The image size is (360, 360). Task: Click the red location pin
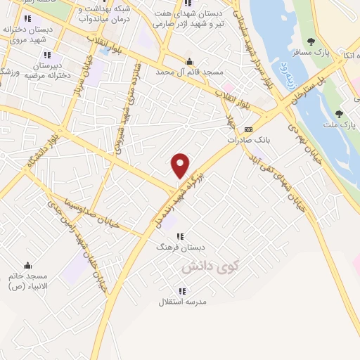click(181, 165)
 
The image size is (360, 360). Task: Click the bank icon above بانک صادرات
click(248, 130)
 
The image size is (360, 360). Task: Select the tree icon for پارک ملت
click(339, 114)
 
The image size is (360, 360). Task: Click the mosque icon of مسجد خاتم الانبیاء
click(27, 265)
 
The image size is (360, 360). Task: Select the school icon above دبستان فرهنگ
click(181, 237)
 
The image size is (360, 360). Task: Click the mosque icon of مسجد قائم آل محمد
click(189, 61)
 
